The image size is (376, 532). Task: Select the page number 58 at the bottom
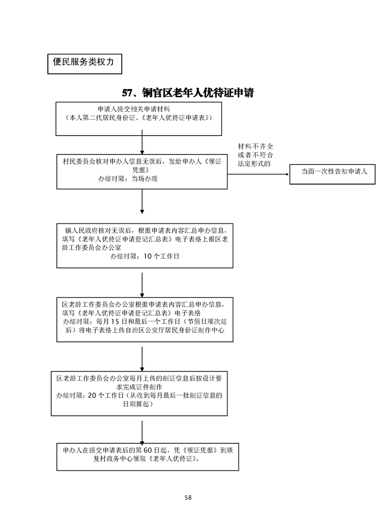[188, 497]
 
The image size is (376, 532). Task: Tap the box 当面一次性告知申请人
[335, 171]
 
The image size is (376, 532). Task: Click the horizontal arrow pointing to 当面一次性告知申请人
[258, 174]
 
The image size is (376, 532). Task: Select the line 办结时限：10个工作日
[145, 256]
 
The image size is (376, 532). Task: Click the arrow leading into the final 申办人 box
[142, 431]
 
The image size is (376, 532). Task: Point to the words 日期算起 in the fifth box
[138, 404]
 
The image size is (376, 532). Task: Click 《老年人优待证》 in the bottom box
[173, 459]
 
